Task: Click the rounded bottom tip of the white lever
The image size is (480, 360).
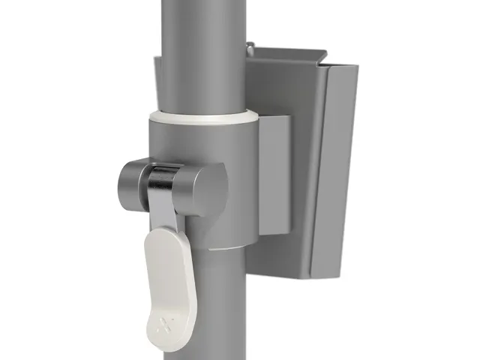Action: [169, 344]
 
